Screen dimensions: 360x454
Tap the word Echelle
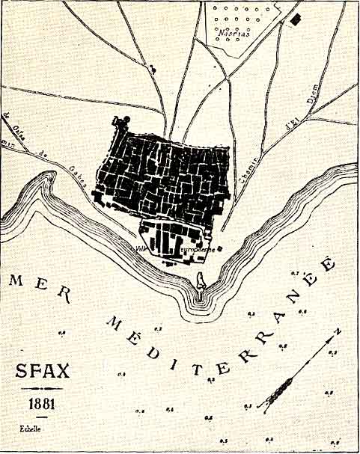point(31,430)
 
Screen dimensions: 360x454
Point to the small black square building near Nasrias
point(297,18)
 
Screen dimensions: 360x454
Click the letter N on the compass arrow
point(338,330)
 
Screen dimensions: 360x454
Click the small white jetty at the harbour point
point(200,281)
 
